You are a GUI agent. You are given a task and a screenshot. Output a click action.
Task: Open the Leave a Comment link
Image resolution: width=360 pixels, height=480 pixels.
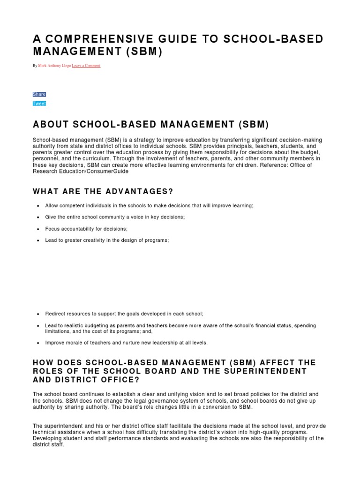pyautogui.click(x=86, y=66)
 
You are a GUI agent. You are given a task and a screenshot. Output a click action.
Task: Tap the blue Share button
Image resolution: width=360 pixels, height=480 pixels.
pyautogui.click(x=39, y=94)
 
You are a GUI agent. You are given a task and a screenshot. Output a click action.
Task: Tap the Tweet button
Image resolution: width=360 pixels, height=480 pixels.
pyautogui.click(x=39, y=104)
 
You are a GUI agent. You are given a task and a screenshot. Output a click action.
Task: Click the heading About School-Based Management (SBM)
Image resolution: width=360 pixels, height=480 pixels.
pyautogui.click(x=151, y=125)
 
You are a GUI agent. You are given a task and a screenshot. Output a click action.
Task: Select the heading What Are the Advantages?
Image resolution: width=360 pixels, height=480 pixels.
pyautogui.click(x=103, y=192)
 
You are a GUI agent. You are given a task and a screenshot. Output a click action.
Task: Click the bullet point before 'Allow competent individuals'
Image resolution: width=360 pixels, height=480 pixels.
pyautogui.click(x=37, y=206)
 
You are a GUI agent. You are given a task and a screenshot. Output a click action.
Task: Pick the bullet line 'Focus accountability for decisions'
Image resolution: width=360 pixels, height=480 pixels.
pyautogui.click(x=86, y=229)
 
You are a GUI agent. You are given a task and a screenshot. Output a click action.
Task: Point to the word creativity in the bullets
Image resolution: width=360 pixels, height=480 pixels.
pyautogui.click(x=95, y=240)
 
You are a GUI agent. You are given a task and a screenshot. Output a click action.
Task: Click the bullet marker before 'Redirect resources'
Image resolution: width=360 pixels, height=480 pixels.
pyautogui.click(x=37, y=314)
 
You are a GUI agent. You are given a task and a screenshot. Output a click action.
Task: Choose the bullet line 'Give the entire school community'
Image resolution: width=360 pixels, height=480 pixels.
pyautogui.click(x=115, y=217)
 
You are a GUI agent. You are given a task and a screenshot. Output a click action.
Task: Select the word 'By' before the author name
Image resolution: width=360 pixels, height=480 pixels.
pyautogui.click(x=35, y=66)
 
